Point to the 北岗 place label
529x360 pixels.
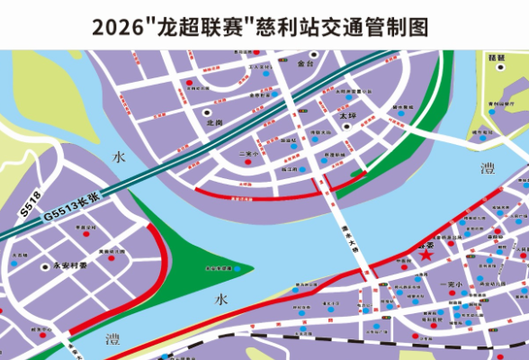coord(213,122)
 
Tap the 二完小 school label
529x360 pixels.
coord(249,154)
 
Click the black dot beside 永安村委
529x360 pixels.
coord(43,267)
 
